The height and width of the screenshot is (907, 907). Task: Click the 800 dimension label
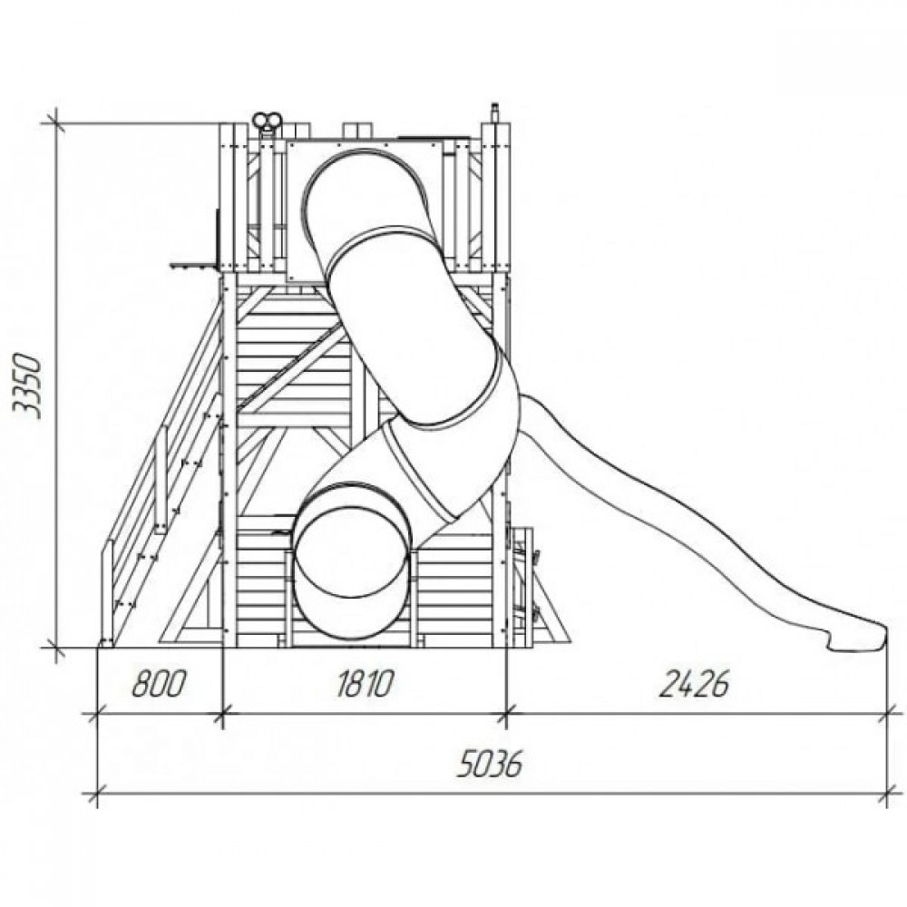point(159,683)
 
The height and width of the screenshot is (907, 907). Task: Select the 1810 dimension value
point(365,683)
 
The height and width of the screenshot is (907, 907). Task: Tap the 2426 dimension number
point(695,683)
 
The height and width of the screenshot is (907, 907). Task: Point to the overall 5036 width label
point(490,764)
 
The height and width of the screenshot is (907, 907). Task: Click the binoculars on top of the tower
point(268,122)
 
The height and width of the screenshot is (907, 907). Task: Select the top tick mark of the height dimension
point(56,122)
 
